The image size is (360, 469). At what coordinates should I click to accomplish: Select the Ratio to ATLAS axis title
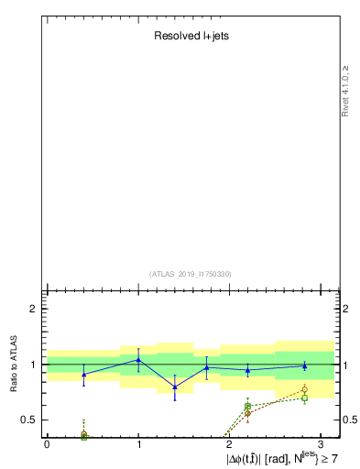pyautogui.click(x=15, y=365)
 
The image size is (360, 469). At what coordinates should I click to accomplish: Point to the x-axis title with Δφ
pyautogui.click(x=283, y=456)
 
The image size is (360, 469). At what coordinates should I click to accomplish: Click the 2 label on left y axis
pyautogui.click(x=33, y=310)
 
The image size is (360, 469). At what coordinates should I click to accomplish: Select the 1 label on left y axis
pyautogui.click(x=33, y=365)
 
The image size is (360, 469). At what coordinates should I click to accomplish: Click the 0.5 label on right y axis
pyautogui.click(x=349, y=420)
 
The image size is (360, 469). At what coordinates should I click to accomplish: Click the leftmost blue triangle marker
pyautogui.click(x=83, y=375)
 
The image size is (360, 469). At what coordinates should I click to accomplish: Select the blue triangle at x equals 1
pyautogui.click(x=138, y=360)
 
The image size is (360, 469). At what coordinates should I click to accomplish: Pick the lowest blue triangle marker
pyautogui.click(x=175, y=387)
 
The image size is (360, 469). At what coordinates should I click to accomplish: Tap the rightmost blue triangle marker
pyautogui.click(x=304, y=366)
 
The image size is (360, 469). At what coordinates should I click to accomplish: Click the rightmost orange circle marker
pyautogui.click(x=304, y=390)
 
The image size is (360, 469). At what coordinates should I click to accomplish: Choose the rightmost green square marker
pyautogui.click(x=304, y=398)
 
